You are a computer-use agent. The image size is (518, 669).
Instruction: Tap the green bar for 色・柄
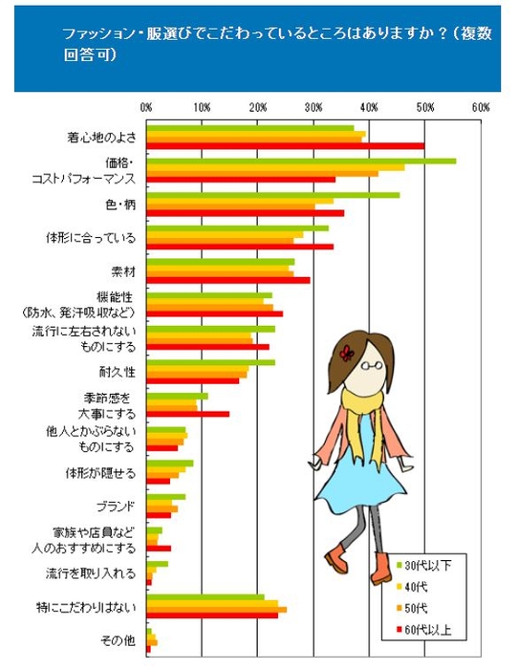272,195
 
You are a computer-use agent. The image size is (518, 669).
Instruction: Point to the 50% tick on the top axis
424,106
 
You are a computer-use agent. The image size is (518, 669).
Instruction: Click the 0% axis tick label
146,106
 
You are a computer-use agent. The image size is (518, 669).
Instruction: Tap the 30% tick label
313,106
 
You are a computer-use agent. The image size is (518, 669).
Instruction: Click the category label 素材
123,270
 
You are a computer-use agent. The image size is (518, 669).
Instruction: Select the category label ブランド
117,506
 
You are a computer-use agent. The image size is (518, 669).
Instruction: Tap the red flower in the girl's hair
346,353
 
